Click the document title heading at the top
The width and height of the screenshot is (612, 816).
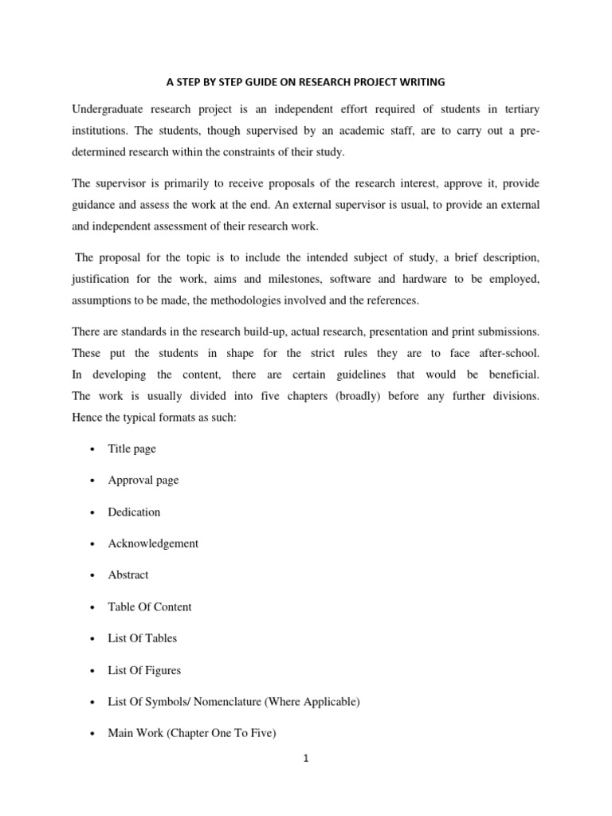click(x=305, y=81)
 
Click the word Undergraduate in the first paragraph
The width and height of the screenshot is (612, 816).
click(x=107, y=108)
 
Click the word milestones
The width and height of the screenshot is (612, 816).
click(x=292, y=280)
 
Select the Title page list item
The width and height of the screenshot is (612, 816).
click(x=132, y=449)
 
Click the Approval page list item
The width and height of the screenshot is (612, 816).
click(x=143, y=481)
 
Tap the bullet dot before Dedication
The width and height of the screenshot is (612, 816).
click(x=92, y=512)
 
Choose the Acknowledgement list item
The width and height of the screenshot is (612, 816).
click(x=153, y=543)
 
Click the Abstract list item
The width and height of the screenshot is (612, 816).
click(x=128, y=575)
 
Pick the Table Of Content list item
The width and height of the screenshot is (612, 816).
click(x=150, y=607)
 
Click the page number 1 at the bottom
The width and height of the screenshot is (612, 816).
click(x=305, y=759)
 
